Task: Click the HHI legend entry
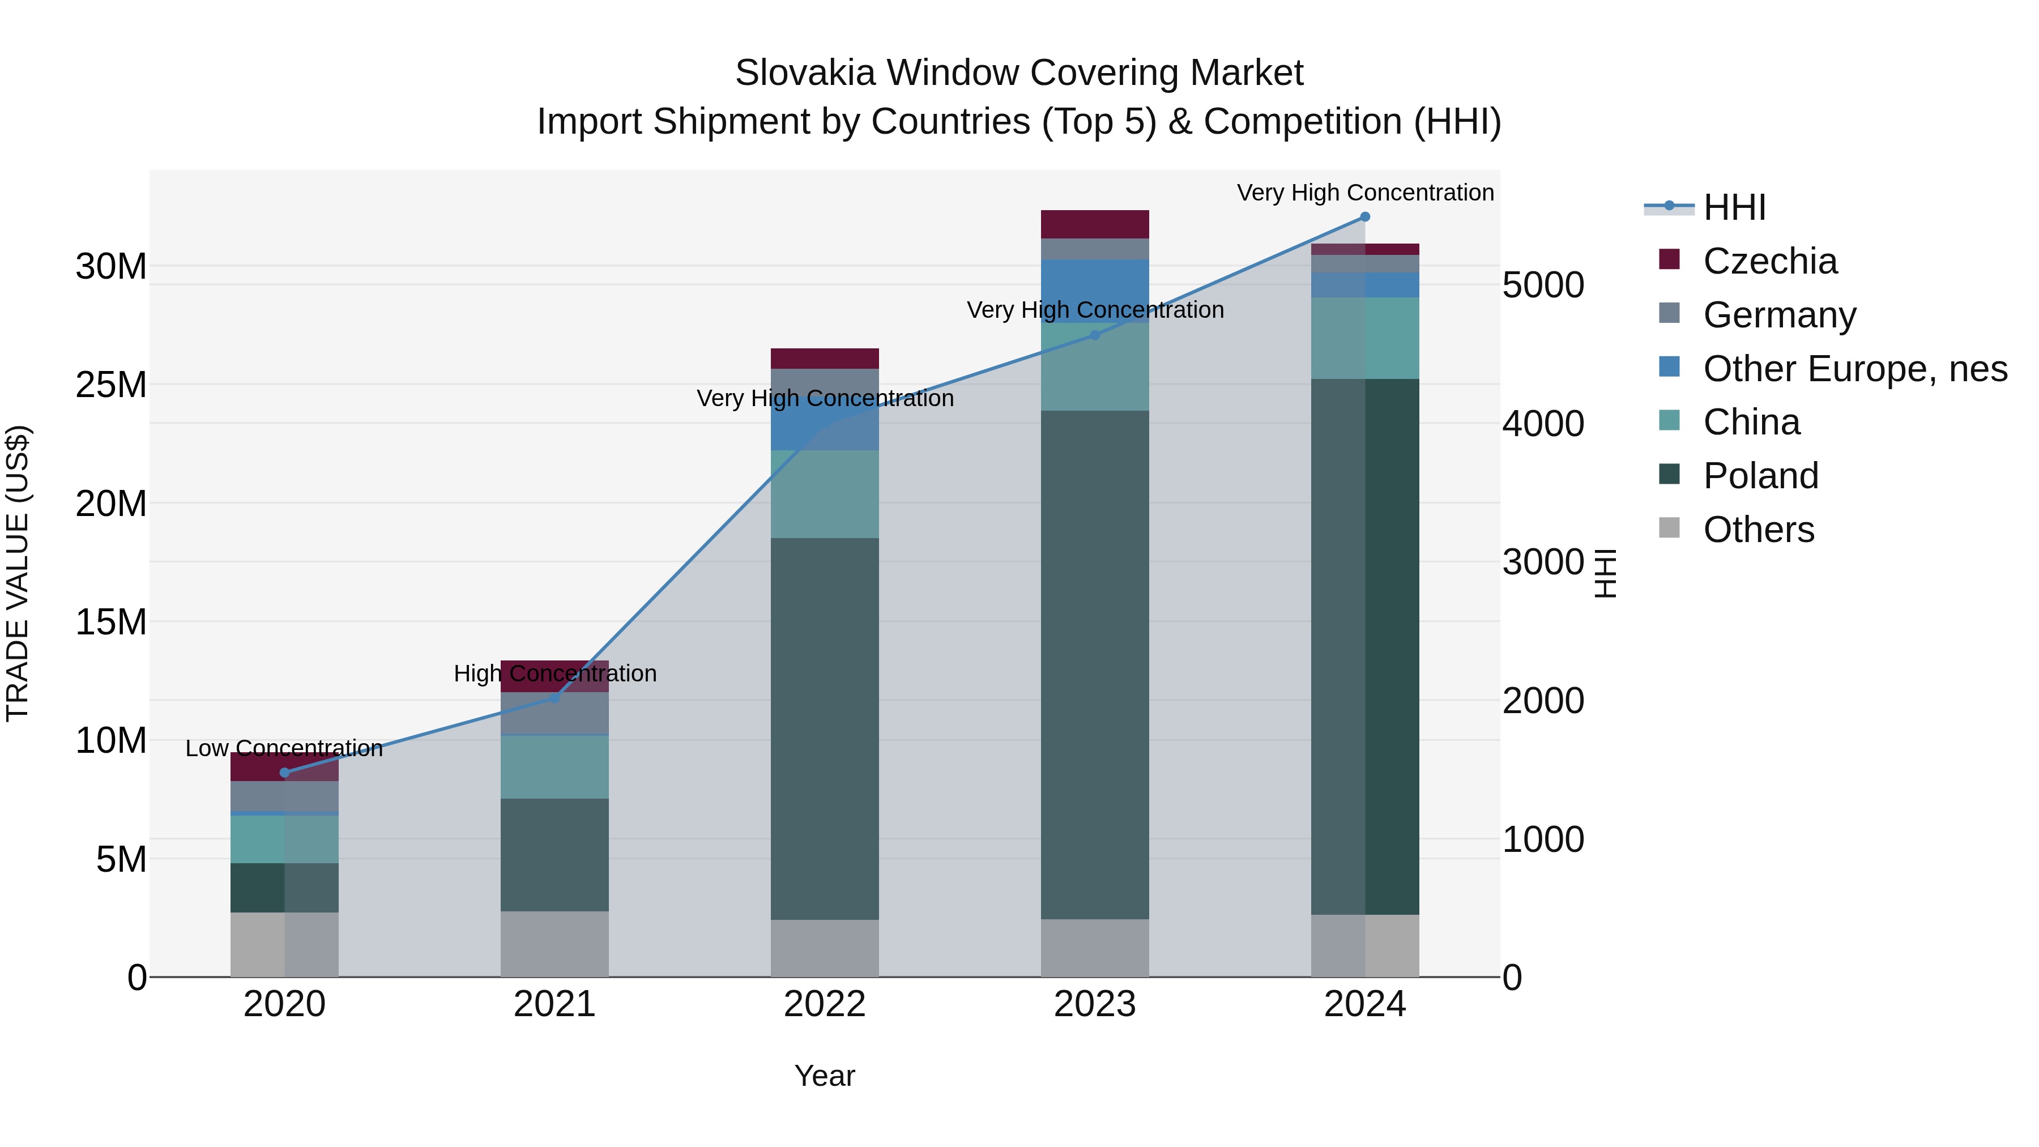tap(1734, 207)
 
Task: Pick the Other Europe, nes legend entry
tap(1854, 369)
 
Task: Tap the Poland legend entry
tap(1760, 476)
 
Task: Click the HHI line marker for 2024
tap(1364, 217)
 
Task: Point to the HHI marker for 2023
tap(1095, 335)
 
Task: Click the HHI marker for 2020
tap(284, 773)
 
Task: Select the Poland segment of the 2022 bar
tap(825, 728)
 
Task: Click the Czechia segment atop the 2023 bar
tap(1095, 224)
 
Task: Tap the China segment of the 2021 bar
tap(554, 766)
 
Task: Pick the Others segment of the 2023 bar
tap(1095, 948)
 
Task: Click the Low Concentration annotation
tap(284, 748)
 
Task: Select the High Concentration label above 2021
tap(555, 673)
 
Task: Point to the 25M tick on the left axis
tap(111, 385)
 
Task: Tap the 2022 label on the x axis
tap(825, 1004)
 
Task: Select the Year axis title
tap(825, 1076)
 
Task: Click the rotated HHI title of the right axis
tap(1605, 573)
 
